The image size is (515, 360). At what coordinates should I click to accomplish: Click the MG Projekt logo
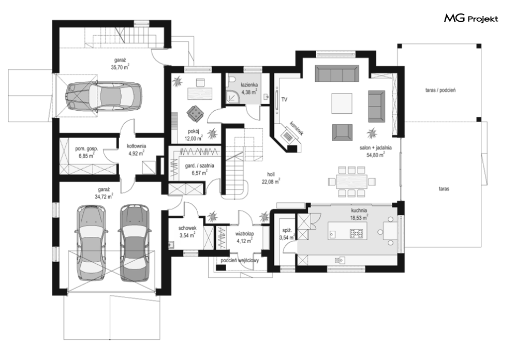(471, 19)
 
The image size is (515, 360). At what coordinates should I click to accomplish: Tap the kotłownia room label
(137, 146)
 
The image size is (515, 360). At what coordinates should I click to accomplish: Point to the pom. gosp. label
(86, 148)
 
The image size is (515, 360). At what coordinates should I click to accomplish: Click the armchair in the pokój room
(196, 113)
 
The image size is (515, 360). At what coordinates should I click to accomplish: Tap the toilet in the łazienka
(232, 80)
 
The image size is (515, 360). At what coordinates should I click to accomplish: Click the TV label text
(284, 99)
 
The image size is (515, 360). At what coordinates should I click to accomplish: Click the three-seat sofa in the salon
(336, 73)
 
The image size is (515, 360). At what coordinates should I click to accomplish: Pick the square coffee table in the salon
(342, 103)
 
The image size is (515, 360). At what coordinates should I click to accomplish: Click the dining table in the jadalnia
(352, 181)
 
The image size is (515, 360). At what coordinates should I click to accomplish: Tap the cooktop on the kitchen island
(357, 233)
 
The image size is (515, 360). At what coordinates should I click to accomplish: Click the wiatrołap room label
(244, 234)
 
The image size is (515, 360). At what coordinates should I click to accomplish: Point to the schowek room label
(187, 228)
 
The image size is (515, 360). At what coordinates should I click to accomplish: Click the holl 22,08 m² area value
(271, 182)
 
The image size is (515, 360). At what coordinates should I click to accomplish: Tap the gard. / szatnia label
(199, 166)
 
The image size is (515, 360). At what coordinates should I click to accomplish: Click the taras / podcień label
(440, 90)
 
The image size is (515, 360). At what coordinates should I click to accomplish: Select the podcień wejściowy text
(240, 261)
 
